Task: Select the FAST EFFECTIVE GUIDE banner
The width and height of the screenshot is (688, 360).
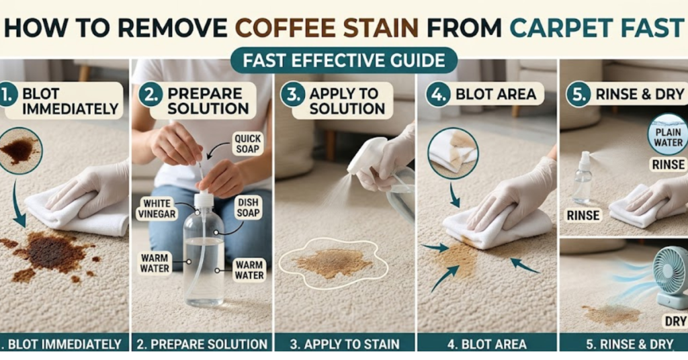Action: click(344, 60)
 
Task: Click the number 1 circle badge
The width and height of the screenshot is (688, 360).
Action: click(7, 95)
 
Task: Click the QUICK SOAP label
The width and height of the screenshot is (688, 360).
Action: click(248, 143)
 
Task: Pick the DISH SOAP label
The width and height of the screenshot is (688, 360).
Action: click(248, 209)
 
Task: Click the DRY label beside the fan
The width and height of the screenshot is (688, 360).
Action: click(675, 321)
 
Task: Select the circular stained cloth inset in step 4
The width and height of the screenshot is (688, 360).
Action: click(454, 152)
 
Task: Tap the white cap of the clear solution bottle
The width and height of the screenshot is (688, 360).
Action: click(204, 199)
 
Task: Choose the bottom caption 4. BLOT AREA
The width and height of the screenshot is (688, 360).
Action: click(486, 344)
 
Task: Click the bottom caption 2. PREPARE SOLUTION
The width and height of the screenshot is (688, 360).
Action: click(202, 344)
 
